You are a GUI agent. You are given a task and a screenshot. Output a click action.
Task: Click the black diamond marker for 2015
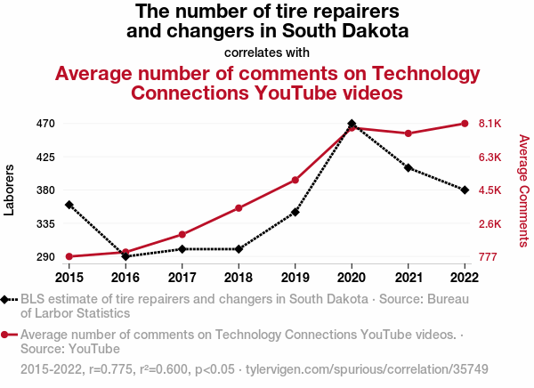point(69,205)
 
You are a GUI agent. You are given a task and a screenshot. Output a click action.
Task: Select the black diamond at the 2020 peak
point(352,124)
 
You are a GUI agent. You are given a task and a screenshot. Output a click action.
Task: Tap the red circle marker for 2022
point(465,124)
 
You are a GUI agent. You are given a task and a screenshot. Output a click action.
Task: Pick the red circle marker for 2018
point(239,208)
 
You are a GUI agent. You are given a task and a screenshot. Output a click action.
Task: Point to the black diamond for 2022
point(465,190)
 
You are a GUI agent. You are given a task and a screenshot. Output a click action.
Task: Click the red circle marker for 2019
point(295,180)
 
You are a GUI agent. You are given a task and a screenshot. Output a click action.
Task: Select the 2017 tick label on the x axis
point(182,278)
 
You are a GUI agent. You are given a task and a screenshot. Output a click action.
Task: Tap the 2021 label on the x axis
point(408,278)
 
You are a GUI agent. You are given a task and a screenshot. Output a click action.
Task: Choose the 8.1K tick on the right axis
point(490,124)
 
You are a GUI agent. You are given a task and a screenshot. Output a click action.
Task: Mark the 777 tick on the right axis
point(488,257)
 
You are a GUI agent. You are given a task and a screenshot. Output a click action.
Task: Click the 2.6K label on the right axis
point(490,224)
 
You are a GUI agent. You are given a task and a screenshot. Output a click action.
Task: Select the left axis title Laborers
point(11,190)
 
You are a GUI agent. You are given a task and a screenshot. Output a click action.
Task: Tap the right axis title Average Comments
point(523,190)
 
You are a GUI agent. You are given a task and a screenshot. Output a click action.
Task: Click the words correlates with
point(267,53)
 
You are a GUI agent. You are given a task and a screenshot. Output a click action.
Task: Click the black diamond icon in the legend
point(8,299)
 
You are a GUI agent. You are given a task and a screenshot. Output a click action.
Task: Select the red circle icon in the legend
point(8,335)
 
